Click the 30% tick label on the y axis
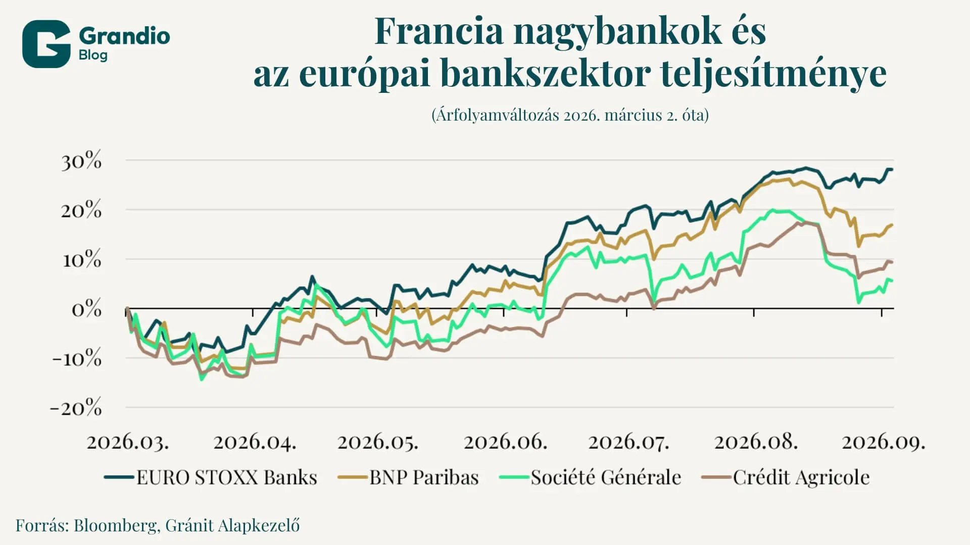click(x=81, y=161)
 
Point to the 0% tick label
click(x=86, y=309)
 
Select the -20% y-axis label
click(x=76, y=407)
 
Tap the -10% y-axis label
click(x=77, y=358)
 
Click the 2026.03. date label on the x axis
click(x=128, y=443)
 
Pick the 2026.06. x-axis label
click(x=506, y=443)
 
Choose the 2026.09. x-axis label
click(x=884, y=443)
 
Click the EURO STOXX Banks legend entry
click(x=211, y=477)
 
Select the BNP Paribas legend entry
click(x=408, y=477)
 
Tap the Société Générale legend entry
click(x=590, y=477)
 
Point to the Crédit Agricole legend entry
click(x=786, y=477)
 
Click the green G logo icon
click(x=46, y=44)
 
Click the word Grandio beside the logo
click(x=124, y=36)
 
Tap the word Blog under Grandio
click(x=93, y=55)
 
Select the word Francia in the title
click(x=439, y=31)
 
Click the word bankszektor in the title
click(x=545, y=74)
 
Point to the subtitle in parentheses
click(x=570, y=115)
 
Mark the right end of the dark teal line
click(x=892, y=169)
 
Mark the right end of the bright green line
click(x=892, y=281)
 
